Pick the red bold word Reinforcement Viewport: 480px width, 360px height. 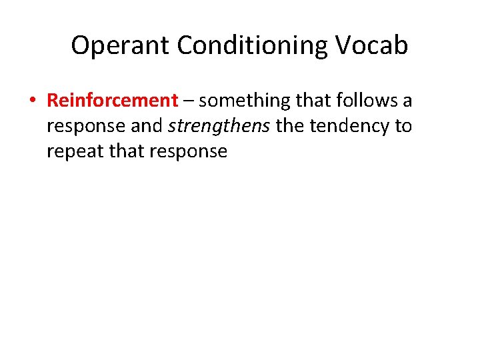coord(112,101)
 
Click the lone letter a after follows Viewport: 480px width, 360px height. coord(407,102)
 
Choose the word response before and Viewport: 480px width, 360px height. coord(85,127)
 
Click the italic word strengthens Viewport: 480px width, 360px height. coord(217,125)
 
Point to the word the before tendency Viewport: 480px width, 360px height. coord(289,125)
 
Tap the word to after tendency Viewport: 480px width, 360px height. coord(403,126)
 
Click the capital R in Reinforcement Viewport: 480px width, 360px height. coord(53,101)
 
